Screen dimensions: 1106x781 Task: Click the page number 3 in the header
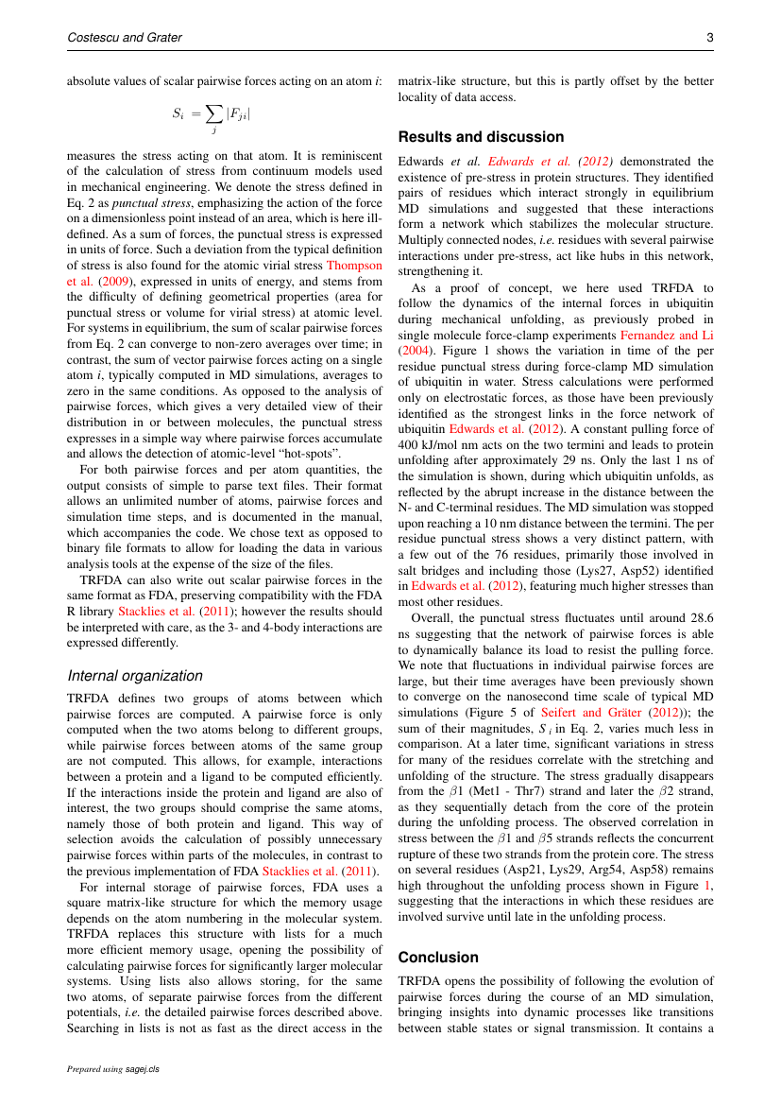[x=709, y=38]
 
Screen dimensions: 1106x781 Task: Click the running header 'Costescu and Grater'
[x=125, y=38]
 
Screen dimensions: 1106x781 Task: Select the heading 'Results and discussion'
[x=481, y=137]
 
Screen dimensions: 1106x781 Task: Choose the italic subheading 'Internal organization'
[x=135, y=675]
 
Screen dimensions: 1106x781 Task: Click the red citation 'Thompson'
[x=354, y=266]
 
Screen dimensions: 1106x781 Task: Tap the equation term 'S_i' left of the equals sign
[x=178, y=113]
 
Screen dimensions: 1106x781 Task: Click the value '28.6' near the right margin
[x=698, y=616]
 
